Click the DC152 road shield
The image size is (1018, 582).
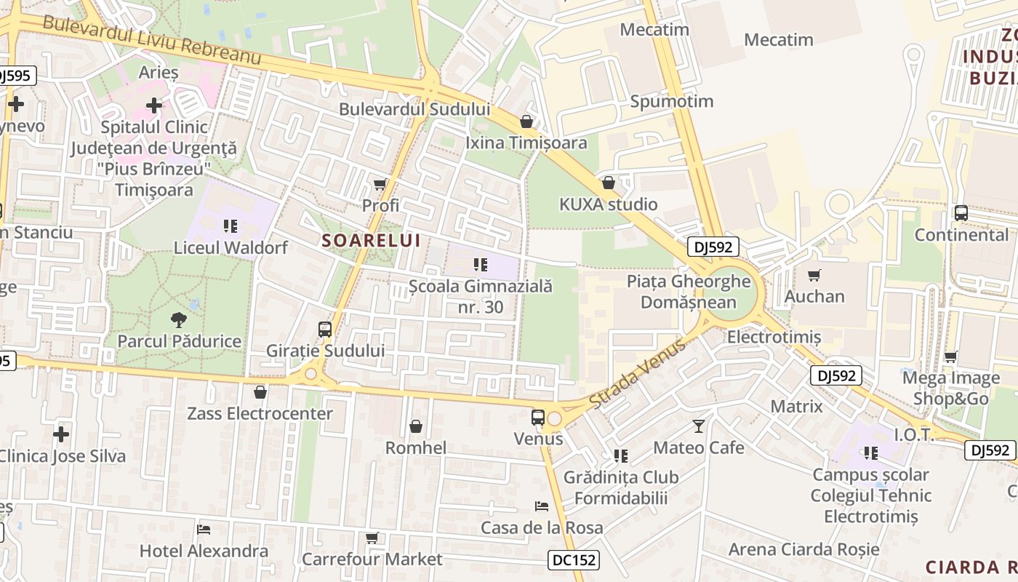pos(573,560)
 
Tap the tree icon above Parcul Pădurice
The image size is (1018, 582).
pos(178,319)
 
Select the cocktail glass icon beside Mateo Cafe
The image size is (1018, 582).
pos(699,426)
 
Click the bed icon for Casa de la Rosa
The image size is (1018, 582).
pos(542,506)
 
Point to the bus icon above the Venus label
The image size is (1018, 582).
pos(538,418)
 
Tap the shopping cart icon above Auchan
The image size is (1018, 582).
pos(814,275)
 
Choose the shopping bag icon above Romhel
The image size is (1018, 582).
pos(416,426)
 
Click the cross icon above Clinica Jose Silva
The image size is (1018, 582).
pos(61,435)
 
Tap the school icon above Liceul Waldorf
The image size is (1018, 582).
pos(231,226)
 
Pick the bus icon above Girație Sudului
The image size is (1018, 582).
pos(325,330)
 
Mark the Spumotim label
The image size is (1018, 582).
pos(672,101)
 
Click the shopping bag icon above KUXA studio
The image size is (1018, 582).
pos(609,183)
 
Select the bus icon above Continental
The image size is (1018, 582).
pos(961,214)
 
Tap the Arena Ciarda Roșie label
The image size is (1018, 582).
pos(803,549)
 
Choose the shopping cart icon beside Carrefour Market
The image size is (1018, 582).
pos(372,538)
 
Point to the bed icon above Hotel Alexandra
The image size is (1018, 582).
pos(204,529)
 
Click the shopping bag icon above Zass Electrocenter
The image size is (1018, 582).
pos(260,393)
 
